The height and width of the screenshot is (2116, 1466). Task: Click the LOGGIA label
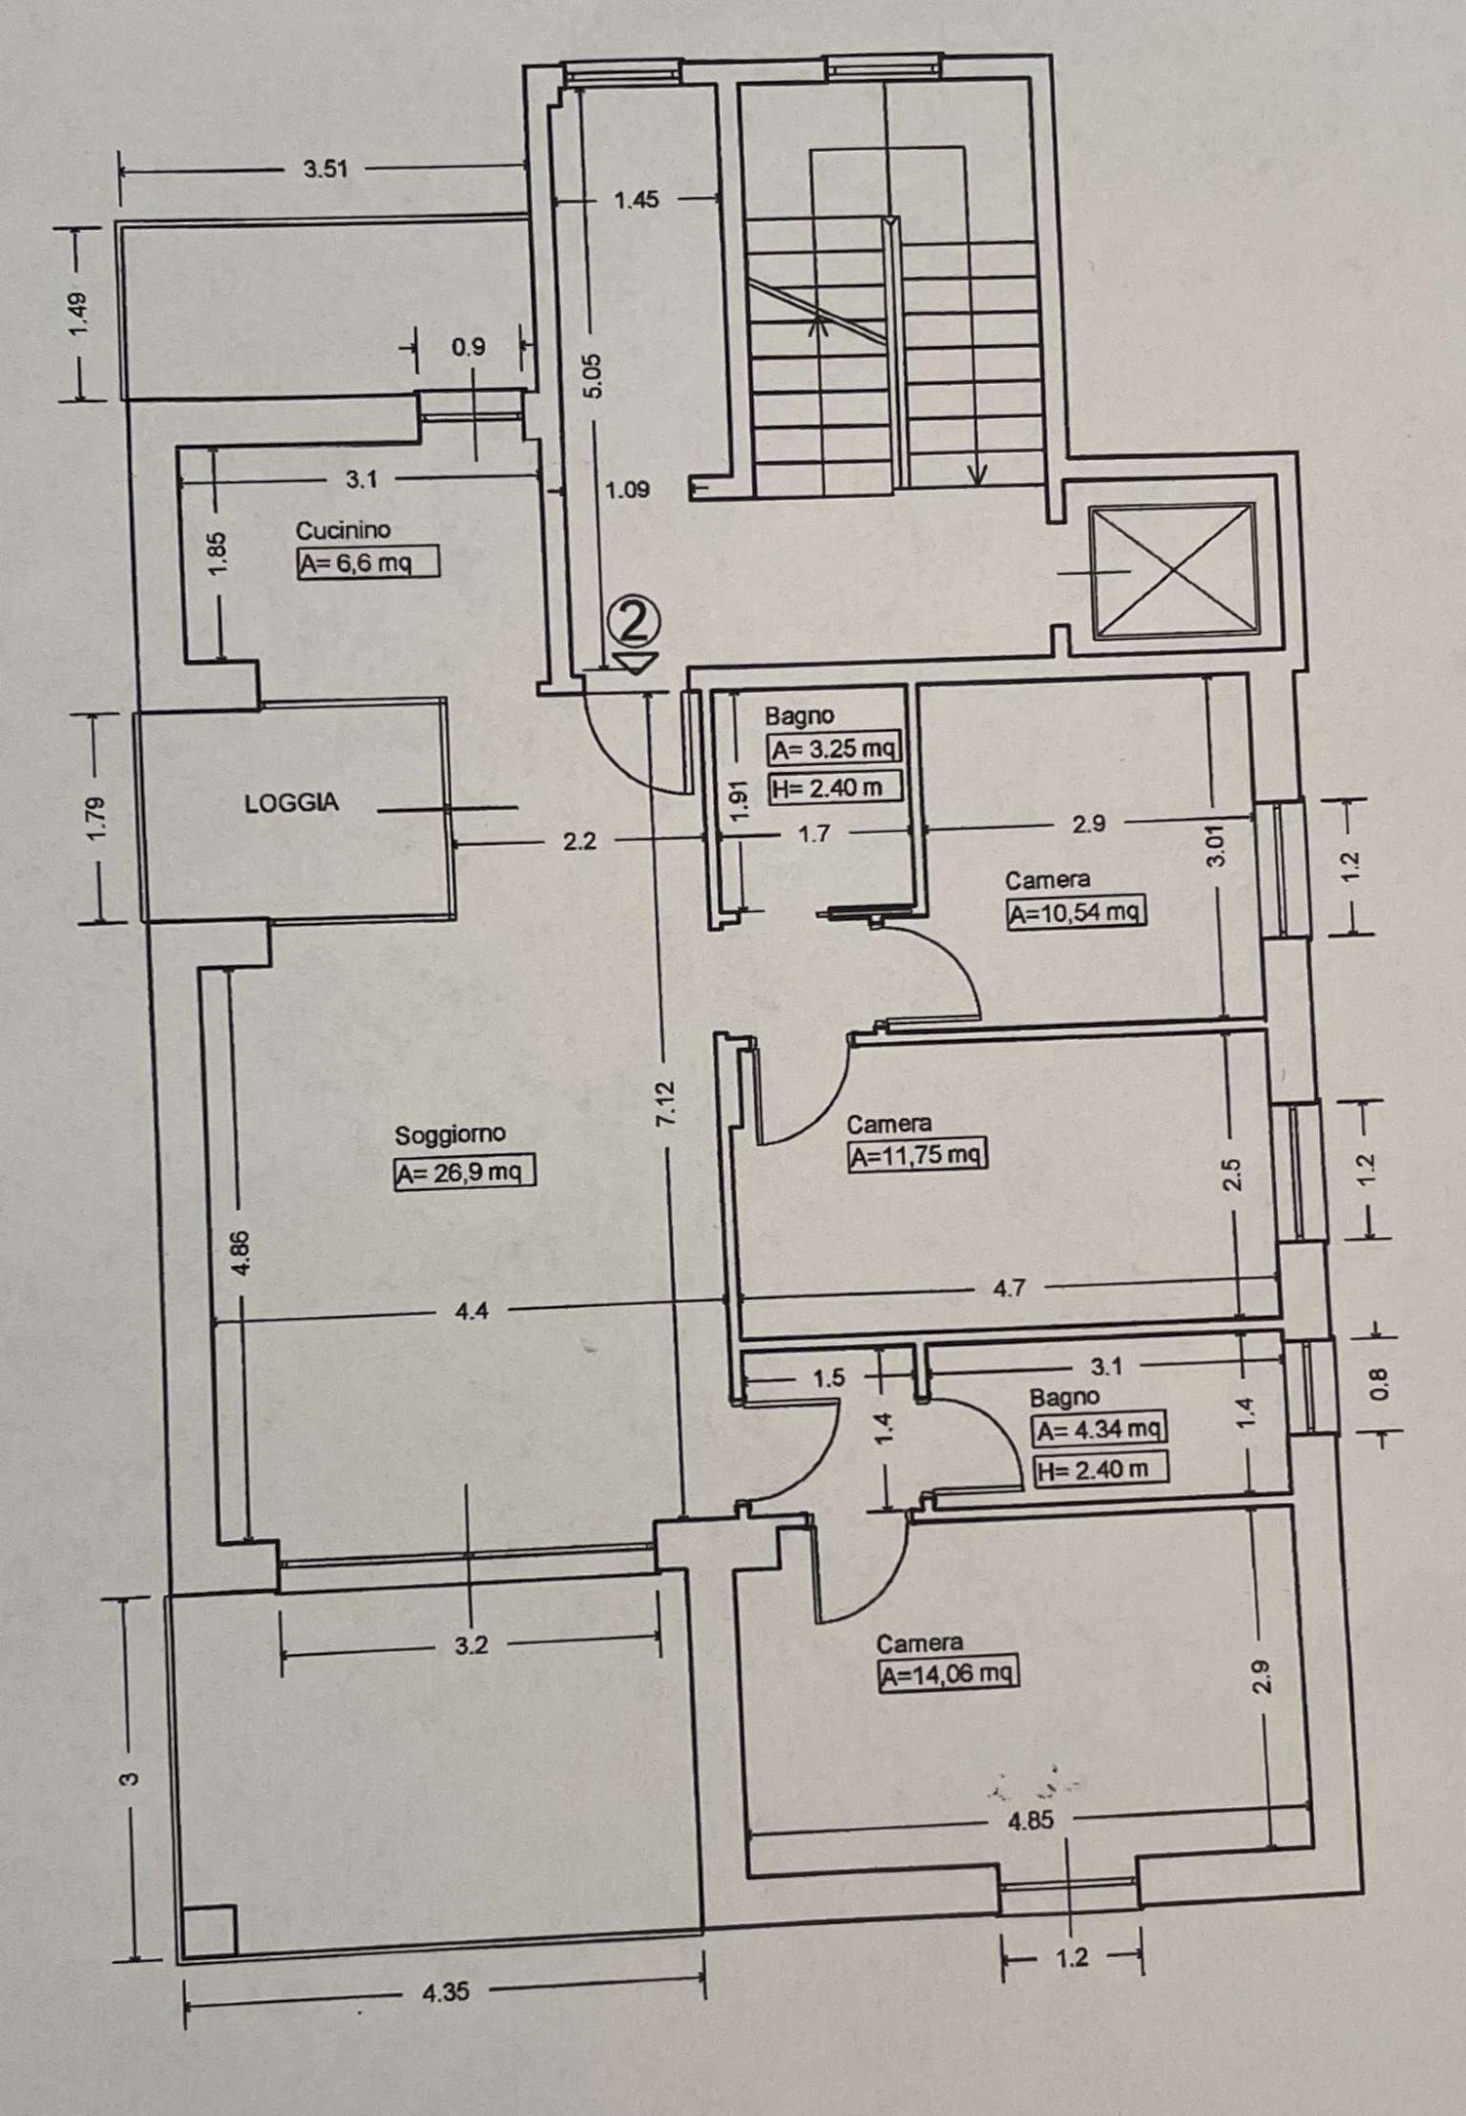coord(291,802)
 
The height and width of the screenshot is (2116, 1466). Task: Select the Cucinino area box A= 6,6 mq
coord(366,563)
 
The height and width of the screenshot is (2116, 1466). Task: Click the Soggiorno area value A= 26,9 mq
coord(464,1173)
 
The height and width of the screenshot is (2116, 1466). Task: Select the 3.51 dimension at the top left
coord(325,168)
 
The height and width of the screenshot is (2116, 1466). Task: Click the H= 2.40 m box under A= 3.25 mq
coord(833,788)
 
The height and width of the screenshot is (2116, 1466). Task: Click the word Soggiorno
coord(449,1134)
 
